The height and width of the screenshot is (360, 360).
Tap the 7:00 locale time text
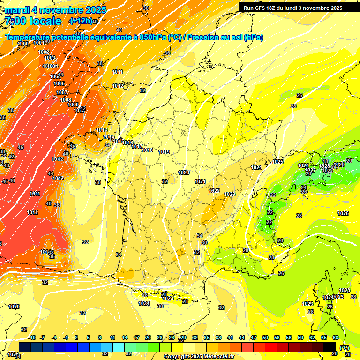tap(33, 21)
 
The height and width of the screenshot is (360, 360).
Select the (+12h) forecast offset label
tap(80, 21)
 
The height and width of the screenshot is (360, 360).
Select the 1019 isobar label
tap(164, 152)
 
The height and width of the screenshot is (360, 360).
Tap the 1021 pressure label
tap(200, 181)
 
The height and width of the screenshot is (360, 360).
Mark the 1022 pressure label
tap(215, 191)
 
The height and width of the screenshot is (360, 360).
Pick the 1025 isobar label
tap(278, 162)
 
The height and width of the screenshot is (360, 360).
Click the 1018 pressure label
tap(147, 150)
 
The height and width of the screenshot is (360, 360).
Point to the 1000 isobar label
tap(23, 44)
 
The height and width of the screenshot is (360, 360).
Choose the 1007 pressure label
tap(62, 92)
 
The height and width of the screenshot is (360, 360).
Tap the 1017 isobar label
tap(137, 146)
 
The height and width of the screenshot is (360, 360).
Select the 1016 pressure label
tap(127, 142)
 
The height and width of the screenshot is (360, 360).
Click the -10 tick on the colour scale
tap(32, 337)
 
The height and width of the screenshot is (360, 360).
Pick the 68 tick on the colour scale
tap(336, 337)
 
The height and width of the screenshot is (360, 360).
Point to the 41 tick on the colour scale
tap(230, 337)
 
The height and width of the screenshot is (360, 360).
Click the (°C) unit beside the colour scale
tap(345, 347)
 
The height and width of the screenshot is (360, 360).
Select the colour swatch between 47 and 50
tap(260, 346)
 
